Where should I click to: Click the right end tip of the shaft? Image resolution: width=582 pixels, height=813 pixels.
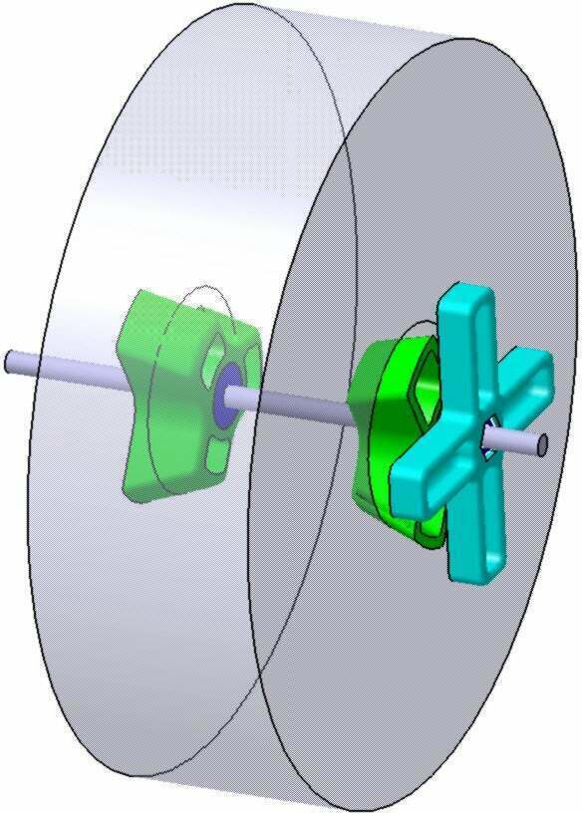[x=542, y=444]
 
